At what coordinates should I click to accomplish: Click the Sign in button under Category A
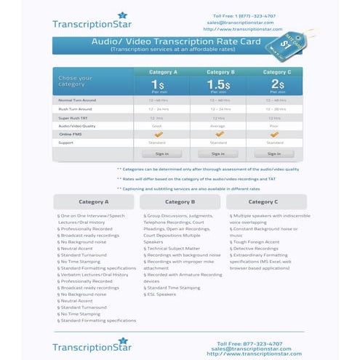(x=161, y=153)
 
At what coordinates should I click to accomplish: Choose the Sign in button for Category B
(x=218, y=153)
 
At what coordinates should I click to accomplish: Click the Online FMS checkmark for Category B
(x=218, y=134)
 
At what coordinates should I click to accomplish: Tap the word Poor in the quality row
(x=274, y=126)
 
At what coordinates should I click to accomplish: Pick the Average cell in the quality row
(x=218, y=126)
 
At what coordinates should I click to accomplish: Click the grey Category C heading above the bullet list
(x=263, y=201)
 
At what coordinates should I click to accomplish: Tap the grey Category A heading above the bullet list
(x=94, y=201)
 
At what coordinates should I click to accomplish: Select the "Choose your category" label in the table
(x=76, y=81)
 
